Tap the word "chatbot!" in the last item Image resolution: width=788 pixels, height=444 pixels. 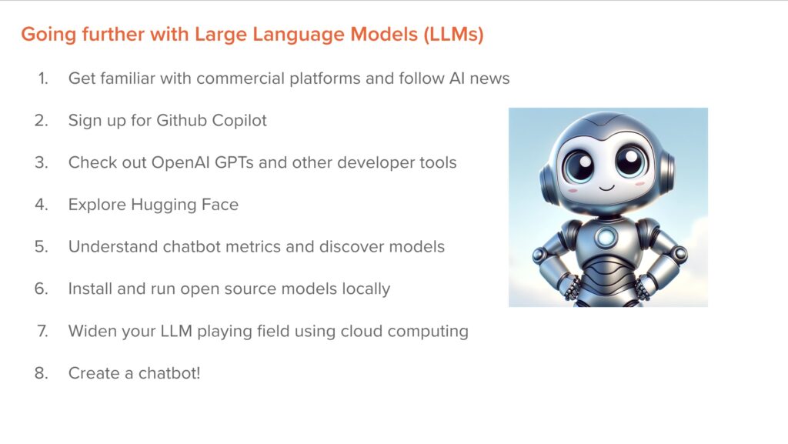(x=169, y=373)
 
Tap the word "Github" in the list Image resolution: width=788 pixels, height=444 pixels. (x=172, y=121)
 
